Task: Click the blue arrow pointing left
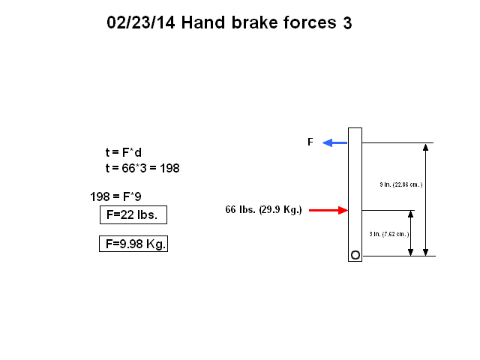[x=335, y=142]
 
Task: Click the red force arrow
[x=328, y=211]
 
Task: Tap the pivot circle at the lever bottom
[x=355, y=256]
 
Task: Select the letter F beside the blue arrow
[x=310, y=142]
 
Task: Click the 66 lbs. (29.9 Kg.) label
[x=263, y=210]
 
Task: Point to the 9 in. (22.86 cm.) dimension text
[x=402, y=184]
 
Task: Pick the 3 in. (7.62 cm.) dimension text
[x=388, y=233]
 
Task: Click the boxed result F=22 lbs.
[x=133, y=215]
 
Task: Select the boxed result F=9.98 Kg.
[x=133, y=244]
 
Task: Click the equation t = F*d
[x=124, y=152]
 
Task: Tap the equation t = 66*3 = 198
[x=142, y=168]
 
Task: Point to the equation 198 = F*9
[x=115, y=197]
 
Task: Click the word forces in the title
[x=310, y=22]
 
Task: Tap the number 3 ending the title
[x=347, y=23]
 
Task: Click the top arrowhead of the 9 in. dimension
[x=426, y=147]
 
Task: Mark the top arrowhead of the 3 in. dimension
[x=411, y=214]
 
